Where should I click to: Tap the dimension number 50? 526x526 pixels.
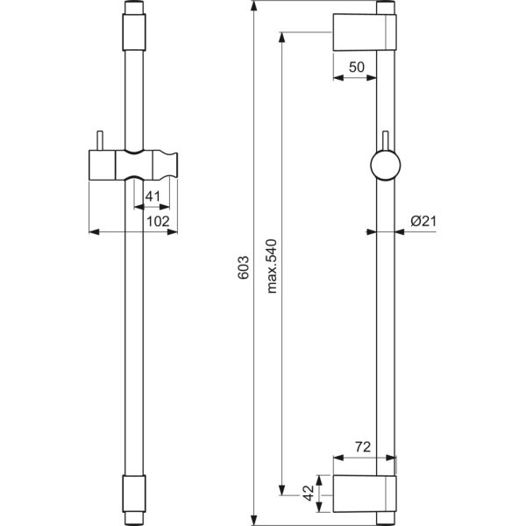tap(356, 67)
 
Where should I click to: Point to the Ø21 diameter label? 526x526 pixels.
tap(422, 222)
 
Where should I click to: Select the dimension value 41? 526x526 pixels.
tap(151, 196)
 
